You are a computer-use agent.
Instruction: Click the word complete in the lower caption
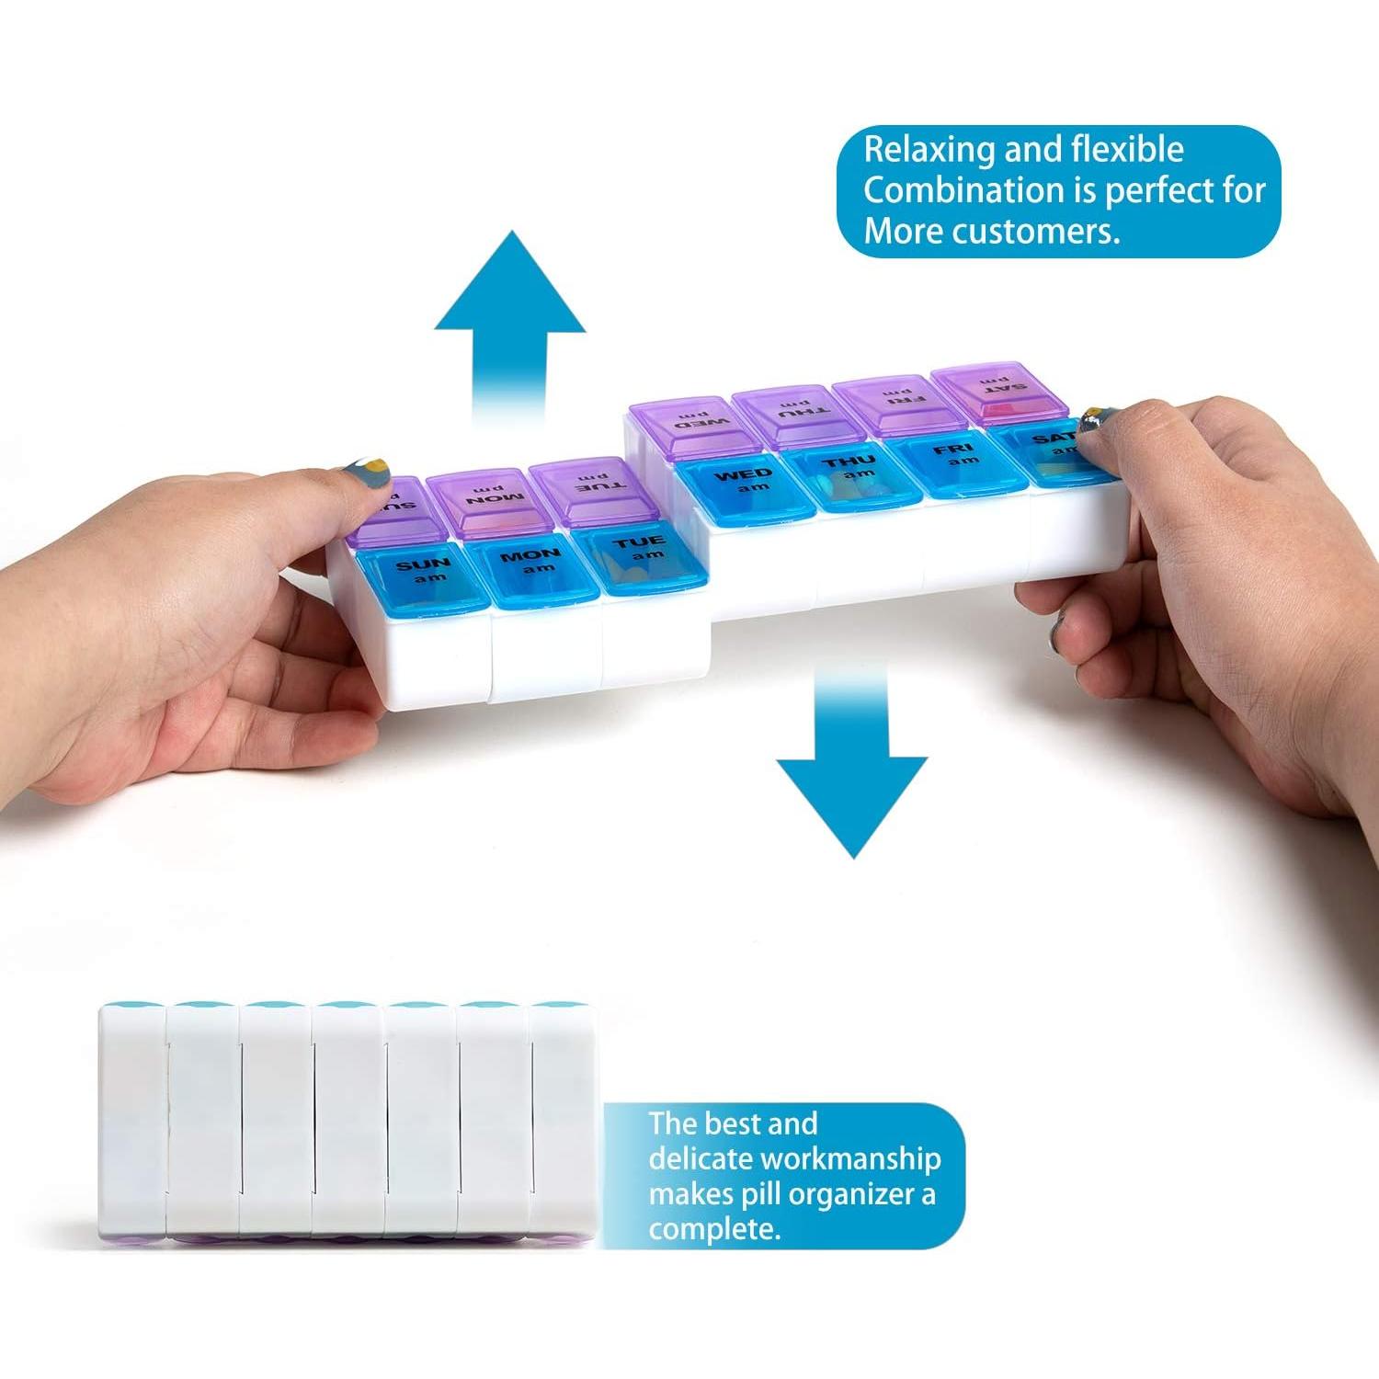713,1230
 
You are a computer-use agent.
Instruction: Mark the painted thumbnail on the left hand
369,479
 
